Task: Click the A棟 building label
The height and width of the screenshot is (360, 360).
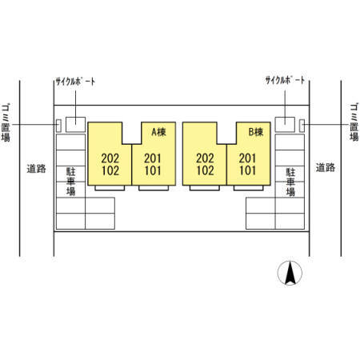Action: click(x=158, y=132)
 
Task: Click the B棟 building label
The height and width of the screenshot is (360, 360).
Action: click(x=256, y=132)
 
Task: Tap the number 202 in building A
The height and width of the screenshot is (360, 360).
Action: click(x=110, y=158)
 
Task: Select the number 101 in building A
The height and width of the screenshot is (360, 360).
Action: click(x=153, y=170)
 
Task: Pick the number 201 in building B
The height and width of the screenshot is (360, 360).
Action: click(x=247, y=158)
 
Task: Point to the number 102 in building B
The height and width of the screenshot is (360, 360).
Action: click(x=205, y=170)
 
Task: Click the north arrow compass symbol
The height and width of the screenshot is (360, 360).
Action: click(x=290, y=273)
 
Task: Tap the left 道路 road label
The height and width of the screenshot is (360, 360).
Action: click(x=36, y=169)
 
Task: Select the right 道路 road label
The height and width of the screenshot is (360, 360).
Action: click(x=326, y=168)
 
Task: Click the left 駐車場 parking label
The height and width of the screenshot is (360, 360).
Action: click(x=70, y=182)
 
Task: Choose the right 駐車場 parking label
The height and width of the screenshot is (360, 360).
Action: click(x=290, y=182)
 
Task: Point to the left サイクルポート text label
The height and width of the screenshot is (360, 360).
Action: click(x=75, y=82)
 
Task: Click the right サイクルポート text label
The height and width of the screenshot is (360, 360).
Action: click(x=285, y=80)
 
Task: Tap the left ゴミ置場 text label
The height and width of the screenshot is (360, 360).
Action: click(x=6, y=122)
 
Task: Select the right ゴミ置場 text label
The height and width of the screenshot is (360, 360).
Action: click(x=354, y=122)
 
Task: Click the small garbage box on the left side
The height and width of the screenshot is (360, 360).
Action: click(x=58, y=126)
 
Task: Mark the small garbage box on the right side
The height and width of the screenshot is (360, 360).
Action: click(x=302, y=126)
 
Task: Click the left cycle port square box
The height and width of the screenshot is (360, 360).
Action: click(x=76, y=125)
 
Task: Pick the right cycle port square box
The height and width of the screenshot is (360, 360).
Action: click(x=285, y=125)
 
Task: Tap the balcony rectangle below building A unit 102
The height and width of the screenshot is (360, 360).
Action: click(x=110, y=188)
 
